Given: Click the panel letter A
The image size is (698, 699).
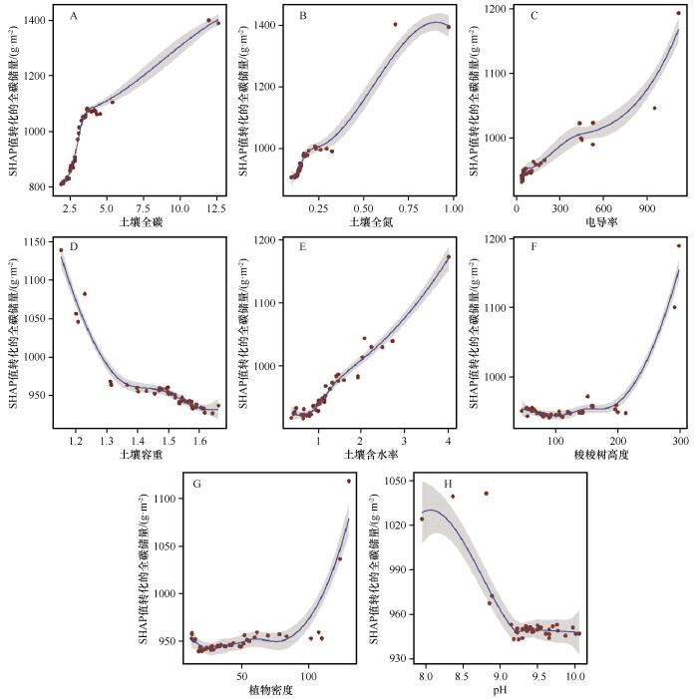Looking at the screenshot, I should pyautogui.click(x=75, y=18).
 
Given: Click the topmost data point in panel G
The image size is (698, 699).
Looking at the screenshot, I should pyautogui.click(x=349, y=481).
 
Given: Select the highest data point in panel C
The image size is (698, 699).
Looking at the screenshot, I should pyautogui.click(x=679, y=13).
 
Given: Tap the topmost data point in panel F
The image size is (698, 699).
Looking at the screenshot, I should pyautogui.click(x=679, y=245).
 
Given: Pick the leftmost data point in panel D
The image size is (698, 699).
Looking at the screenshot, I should pyautogui.click(x=61, y=250).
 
